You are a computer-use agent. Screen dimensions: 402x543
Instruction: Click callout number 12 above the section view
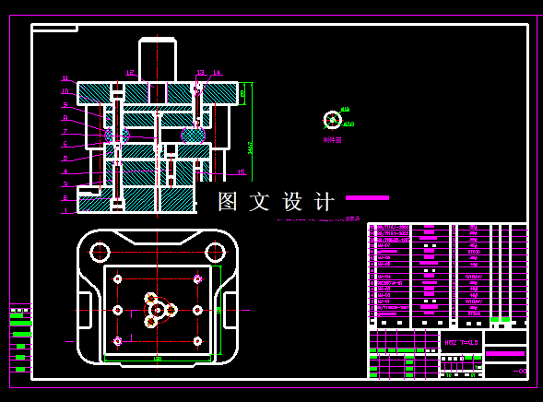point(130,73)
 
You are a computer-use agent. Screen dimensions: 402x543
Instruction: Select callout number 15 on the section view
point(242,172)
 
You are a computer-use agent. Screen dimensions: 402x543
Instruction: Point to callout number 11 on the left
point(65,78)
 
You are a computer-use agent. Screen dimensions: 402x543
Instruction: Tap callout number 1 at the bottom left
point(65,211)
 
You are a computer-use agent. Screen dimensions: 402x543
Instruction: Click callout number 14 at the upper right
point(217,73)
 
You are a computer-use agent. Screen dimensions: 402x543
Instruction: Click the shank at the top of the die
point(158,59)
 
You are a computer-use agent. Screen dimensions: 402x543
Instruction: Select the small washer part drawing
point(333,119)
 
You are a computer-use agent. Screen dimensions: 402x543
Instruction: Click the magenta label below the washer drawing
point(333,140)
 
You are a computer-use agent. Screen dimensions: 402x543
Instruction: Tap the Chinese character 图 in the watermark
point(229,202)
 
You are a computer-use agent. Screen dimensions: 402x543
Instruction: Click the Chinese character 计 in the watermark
point(325,202)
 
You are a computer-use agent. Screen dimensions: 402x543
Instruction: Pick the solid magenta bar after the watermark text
point(367,197)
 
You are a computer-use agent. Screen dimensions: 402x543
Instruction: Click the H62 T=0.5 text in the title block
point(461,342)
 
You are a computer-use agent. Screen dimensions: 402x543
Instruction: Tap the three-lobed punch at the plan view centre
point(158,310)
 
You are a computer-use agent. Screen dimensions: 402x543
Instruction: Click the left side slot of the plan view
point(85,310)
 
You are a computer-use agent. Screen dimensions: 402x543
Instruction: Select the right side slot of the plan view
point(230,310)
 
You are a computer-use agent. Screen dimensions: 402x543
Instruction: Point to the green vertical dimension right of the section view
point(250,146)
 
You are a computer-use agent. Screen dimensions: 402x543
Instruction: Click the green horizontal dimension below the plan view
point(158,359)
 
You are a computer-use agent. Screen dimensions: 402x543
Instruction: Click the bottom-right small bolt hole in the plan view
point(197,341)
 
